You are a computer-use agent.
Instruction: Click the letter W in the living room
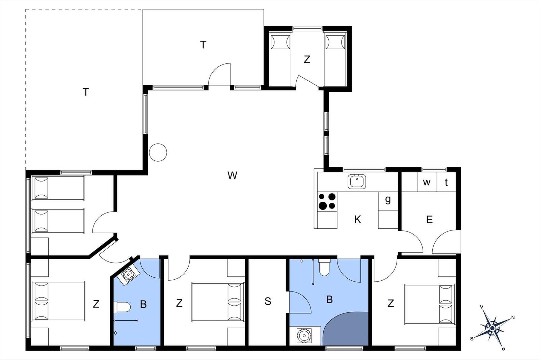pos(233,175)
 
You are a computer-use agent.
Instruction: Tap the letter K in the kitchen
pos(357,219)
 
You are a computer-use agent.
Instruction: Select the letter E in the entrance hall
pos(429,220)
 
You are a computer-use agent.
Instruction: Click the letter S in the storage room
pos(268,301)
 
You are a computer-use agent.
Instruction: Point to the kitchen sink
pos(357,182)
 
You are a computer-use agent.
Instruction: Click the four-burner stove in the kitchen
pos(327,201)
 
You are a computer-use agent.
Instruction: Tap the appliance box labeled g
pos(388,201)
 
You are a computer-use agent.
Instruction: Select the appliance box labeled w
pos(427,182)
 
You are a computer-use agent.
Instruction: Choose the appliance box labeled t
pos(446,182)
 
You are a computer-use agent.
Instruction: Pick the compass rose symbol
pos(492,328)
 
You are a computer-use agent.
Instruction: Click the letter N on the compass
pos(513,317)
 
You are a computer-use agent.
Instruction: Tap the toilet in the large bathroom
pos(324,267)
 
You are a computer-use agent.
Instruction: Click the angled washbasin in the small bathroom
pos(128,274)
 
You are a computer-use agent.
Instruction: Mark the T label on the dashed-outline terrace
pos(86,92)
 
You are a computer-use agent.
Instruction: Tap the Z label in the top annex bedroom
pos(307,59)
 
